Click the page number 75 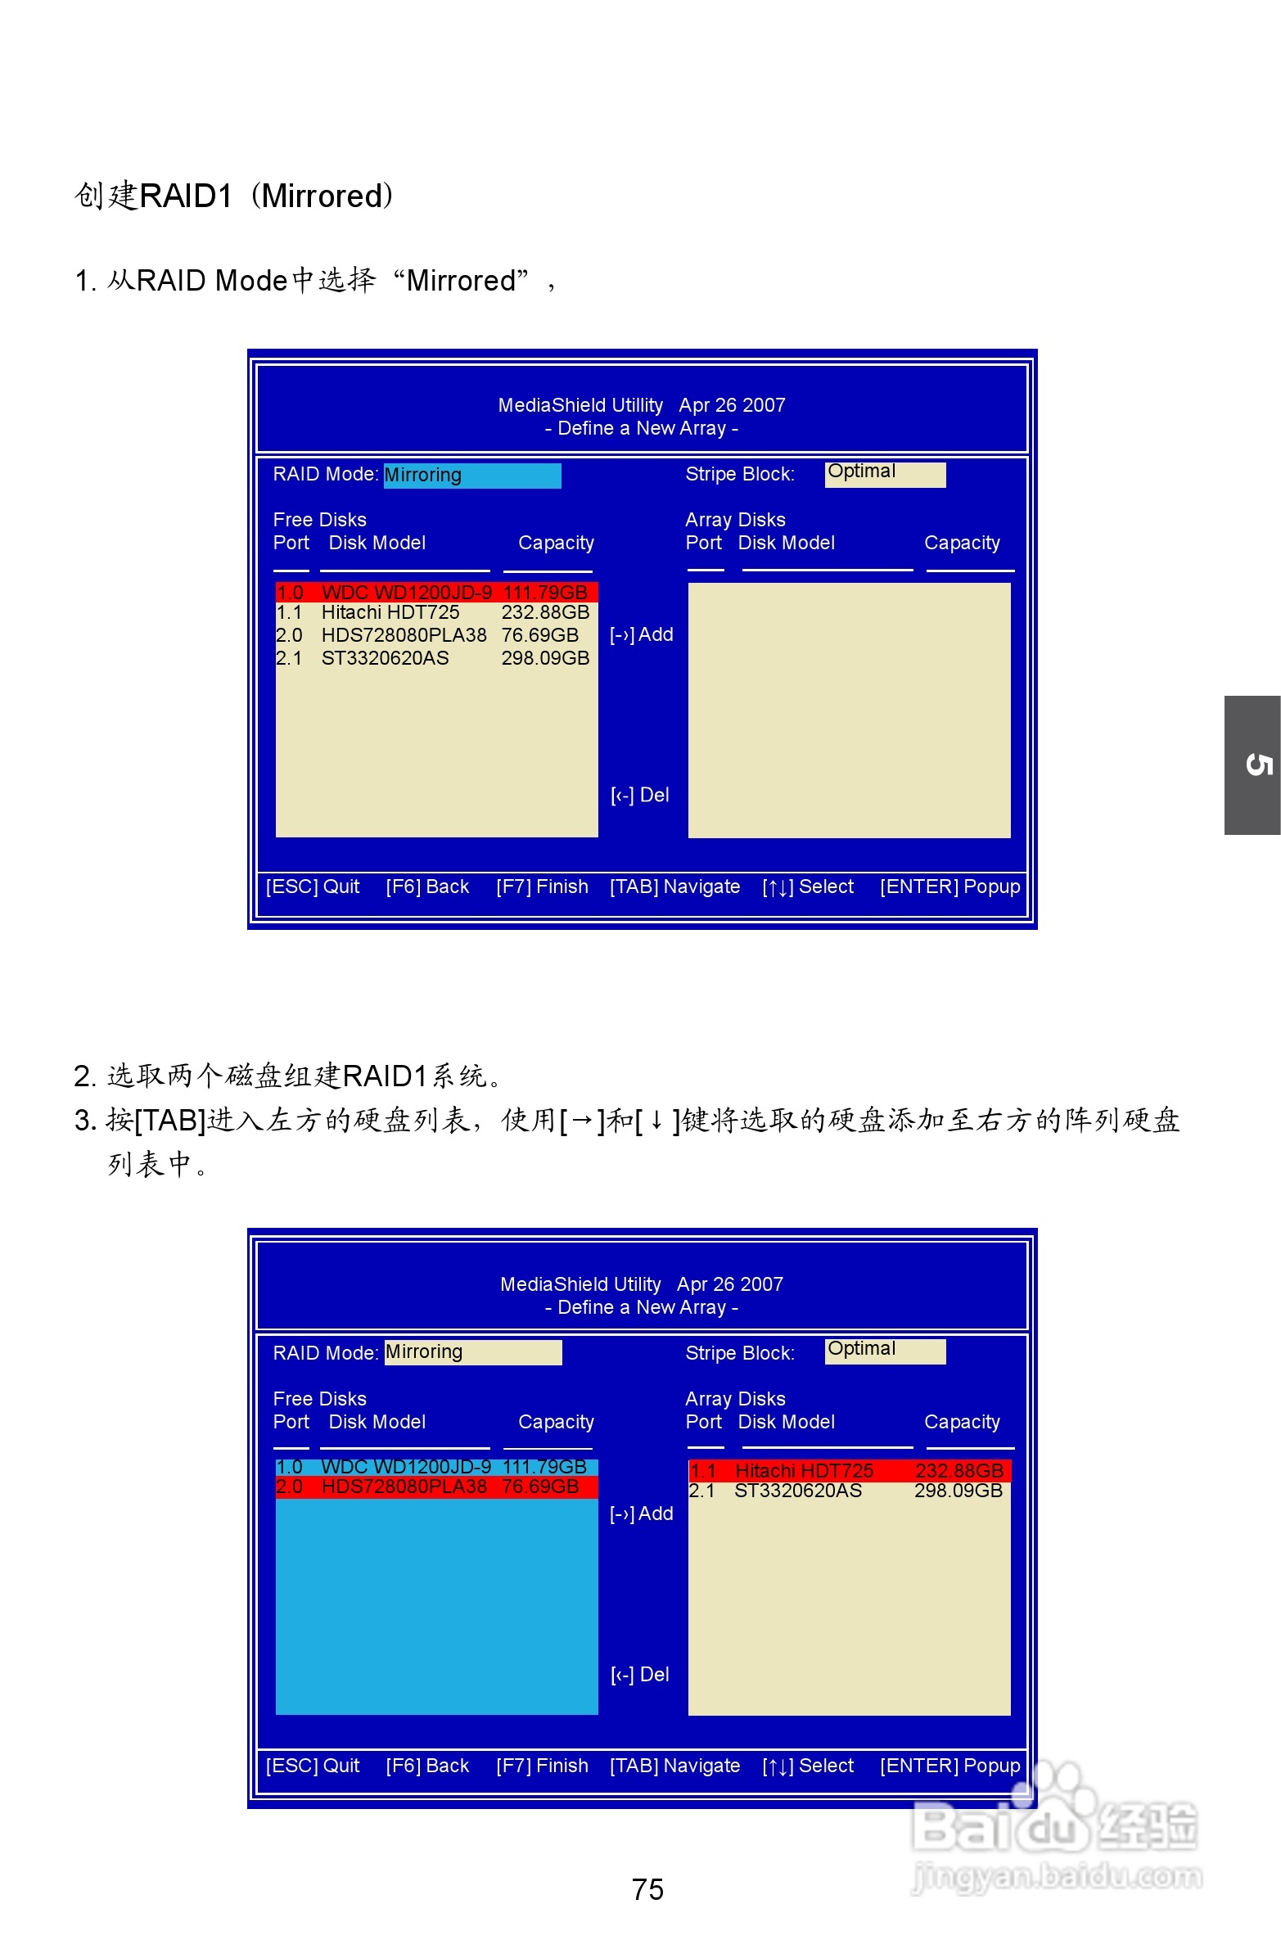(x=647, y=1888)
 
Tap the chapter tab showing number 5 (x=1252, y=765)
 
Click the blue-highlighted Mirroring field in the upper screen (x=471, y=475)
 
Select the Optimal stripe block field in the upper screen (x=885, y=474)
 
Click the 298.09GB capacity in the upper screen (x=544, y=658)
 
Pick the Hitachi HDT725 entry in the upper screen (x=390, y=612)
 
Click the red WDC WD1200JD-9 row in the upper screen (x=435, y=592)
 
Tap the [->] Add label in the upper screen (x=642, y=634)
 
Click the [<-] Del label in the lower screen (x=639, y=1675)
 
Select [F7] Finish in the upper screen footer (x=542, y=887)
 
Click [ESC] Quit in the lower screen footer (x=312, y=1766)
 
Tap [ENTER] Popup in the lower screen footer (x=950, y=1766)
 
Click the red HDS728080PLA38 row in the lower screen (x=435, y=1487)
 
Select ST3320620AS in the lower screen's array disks (x=798, y=1491)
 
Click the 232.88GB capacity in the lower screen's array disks (x=958, y=1471)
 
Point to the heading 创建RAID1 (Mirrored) (x=234, y=196)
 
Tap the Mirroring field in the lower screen (x=472, y=1352)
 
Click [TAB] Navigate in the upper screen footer (x=675, y=887)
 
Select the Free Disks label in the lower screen (x=319, y=1399)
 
